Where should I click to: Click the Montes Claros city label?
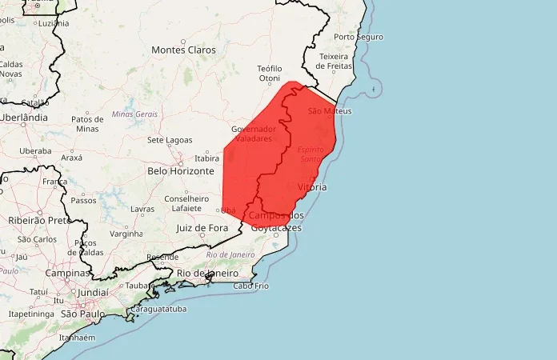pos(183,50)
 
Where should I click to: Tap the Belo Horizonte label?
pos(181,171)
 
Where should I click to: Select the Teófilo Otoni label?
pos(269,74)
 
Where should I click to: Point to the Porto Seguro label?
pos(359,37)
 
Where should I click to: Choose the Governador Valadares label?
pos(254,133)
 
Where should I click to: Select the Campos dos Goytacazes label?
pos(276,222)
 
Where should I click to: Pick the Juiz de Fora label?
pos(202,228)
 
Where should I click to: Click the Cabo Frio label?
pos(251,286)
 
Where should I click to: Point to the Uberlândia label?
pos(24,117)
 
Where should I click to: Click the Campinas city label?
pos(66,273)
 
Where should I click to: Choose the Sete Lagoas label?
pos(166,140)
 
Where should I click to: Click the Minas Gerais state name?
pos(134,114)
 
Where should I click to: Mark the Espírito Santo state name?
pos(311,154)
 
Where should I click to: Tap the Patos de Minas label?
pos(87,123)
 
